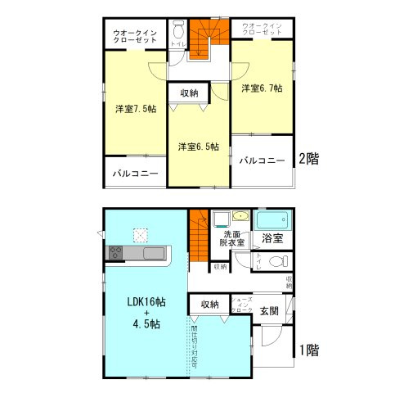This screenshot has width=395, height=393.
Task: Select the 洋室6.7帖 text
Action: coord(262,88)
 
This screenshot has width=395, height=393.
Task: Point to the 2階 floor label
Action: coord(307,159)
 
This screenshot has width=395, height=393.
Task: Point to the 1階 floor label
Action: coord(307,350)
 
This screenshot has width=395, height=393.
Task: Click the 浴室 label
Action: coord(272,239)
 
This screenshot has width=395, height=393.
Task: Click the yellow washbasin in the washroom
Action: coord(240,217)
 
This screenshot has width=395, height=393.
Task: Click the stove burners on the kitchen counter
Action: coord(114,254)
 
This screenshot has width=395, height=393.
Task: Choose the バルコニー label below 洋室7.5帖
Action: coord(135,174)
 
